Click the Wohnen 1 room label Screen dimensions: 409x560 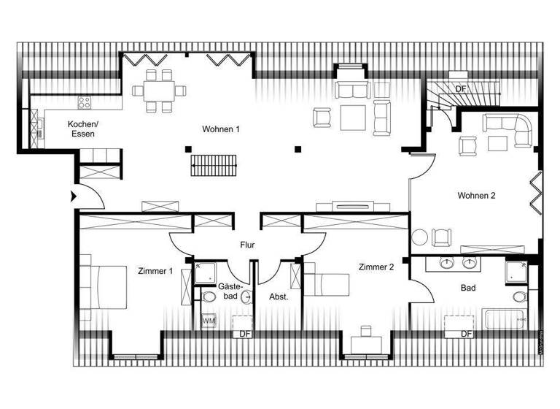[x=222, y=129]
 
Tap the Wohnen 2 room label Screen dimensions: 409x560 [x=476, y=196]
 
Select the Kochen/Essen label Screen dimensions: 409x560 [x=82, y=129]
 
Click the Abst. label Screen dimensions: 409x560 [x=279, y=297]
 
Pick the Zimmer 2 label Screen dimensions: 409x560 [x=376, y=267]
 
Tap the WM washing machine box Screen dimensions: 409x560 [x=208, y=321]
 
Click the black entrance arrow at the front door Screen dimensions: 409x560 [x=73, y=196]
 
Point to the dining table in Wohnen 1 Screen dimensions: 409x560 [x=160, y=91]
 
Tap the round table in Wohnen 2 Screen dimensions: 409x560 [x=420, y=237]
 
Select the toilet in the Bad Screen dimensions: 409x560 [x=520, y=297]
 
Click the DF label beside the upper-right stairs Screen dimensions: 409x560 [x=460, y=88]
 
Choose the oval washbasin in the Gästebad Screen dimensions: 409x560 [x=246, y=297]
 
